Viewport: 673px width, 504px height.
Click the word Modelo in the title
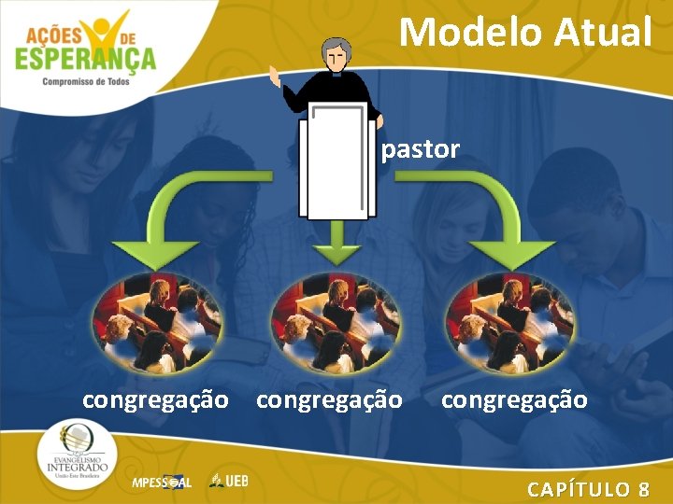(471, 32)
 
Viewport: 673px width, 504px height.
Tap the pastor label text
(421, 149)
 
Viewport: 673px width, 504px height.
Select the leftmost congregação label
(155, 400)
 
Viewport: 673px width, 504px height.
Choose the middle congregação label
(329, 400)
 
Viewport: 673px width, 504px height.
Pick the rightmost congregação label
(514, 400)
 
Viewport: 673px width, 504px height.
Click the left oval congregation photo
(156, 322)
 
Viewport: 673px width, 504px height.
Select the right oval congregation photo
(509, 322)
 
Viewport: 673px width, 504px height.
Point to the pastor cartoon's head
(337, 56)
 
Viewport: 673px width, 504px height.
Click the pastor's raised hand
(274, 75)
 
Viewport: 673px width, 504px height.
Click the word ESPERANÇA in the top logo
(85, 58)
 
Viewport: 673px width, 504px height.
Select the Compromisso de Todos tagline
(86, 81)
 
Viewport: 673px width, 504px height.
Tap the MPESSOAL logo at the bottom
(161, 483)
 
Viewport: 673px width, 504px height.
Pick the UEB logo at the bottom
(229, 481)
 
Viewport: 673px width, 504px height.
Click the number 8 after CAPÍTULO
(643, 489)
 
